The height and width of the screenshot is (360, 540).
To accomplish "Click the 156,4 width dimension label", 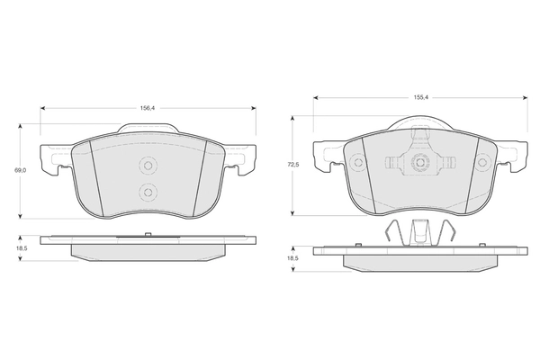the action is pos(148,108).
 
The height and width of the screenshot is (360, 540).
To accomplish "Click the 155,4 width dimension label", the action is pos(420,98).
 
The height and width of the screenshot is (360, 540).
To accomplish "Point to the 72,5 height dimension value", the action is pos(293,165).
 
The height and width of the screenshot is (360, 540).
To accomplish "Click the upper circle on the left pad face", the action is pos(148,166).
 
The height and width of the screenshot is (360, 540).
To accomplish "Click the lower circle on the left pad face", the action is pos(148,193).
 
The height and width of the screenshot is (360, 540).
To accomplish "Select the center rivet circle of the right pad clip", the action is pos(420,163).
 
